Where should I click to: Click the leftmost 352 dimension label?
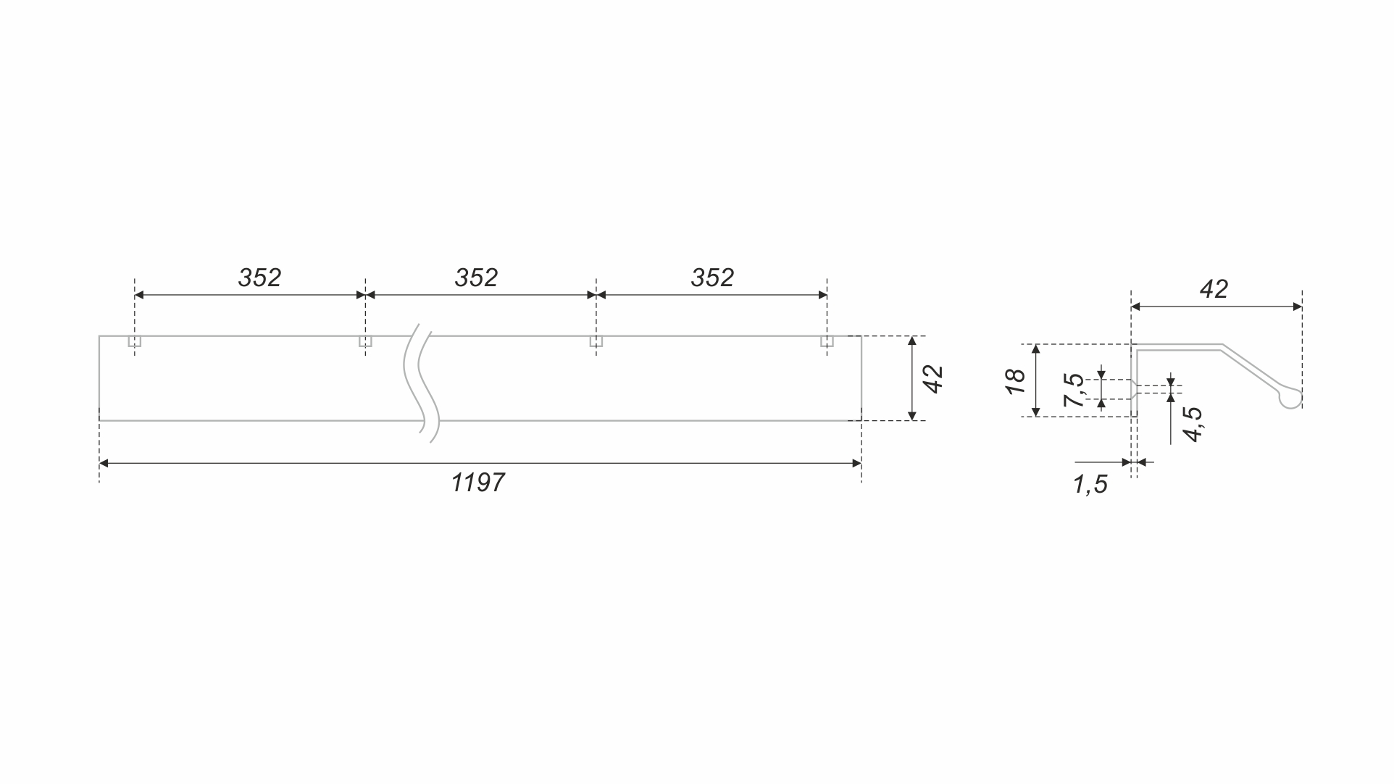[x=259, y=278]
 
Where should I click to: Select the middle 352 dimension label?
[x=476, y=278]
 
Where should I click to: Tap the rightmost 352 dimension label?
[x=712, y=278]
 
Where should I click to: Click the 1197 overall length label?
[x=477, y=482]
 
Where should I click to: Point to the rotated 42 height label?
[x=934, y=379]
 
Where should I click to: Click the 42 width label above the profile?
[x=1214, y=289]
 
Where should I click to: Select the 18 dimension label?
[x=1016, y=380]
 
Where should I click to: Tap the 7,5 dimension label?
[x=1074, y=390]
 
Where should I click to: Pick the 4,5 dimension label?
[x=1193, y=424]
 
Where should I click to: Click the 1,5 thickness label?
[x=1090, y=484]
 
